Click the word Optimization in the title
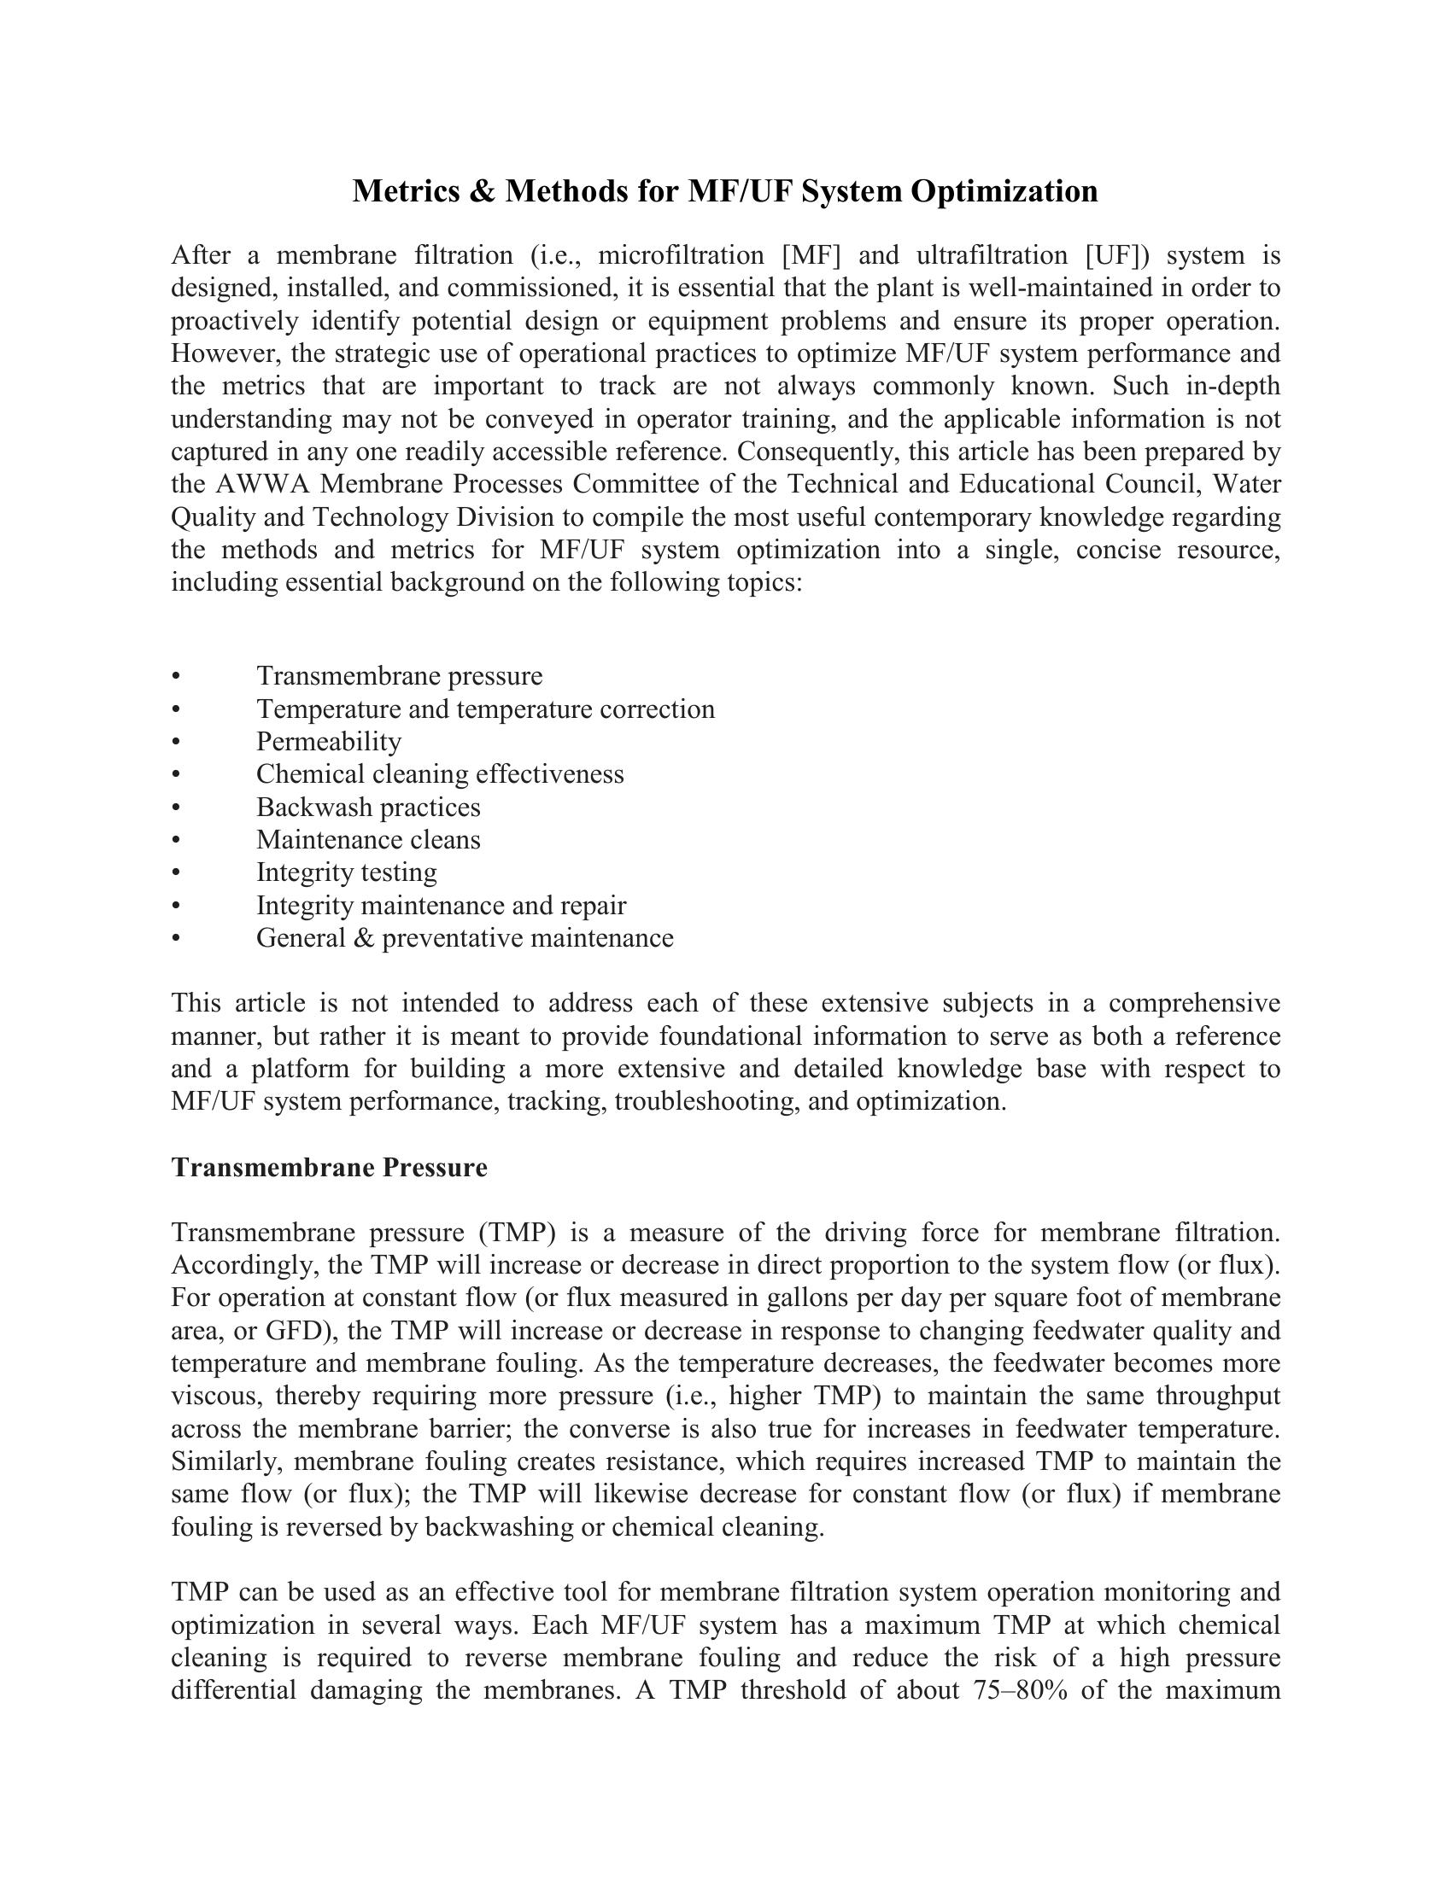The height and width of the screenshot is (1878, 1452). [x=1004, y=191]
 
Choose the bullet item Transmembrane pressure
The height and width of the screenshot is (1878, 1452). [x=399, y=676]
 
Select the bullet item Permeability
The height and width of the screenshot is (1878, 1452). [x=329, y=741]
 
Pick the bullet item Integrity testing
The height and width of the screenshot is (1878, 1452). [x=347, y=872]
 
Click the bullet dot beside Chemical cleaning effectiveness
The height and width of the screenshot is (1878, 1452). [x=176, y=775]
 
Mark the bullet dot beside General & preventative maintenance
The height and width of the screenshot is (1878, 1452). [x=176, y=938]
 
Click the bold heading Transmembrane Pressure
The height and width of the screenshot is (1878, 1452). [x=330, y=1168]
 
